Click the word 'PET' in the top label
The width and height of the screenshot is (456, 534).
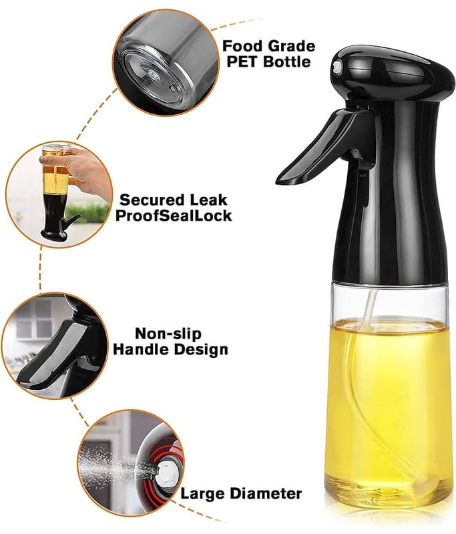click(243, 61)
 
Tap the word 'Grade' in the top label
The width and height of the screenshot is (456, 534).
click(292, 46)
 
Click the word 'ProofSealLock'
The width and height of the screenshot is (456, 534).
click(174, 216)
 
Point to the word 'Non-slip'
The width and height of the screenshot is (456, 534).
click(168, 334)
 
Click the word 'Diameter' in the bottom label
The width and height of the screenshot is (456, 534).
click(266, 493)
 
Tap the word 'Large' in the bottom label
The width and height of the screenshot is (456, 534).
click(203, 494)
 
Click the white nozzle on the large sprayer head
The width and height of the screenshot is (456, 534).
click(336, 67)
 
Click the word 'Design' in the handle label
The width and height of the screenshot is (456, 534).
click(200, 350)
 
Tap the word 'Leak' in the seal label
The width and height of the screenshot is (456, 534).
click(208, 200)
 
